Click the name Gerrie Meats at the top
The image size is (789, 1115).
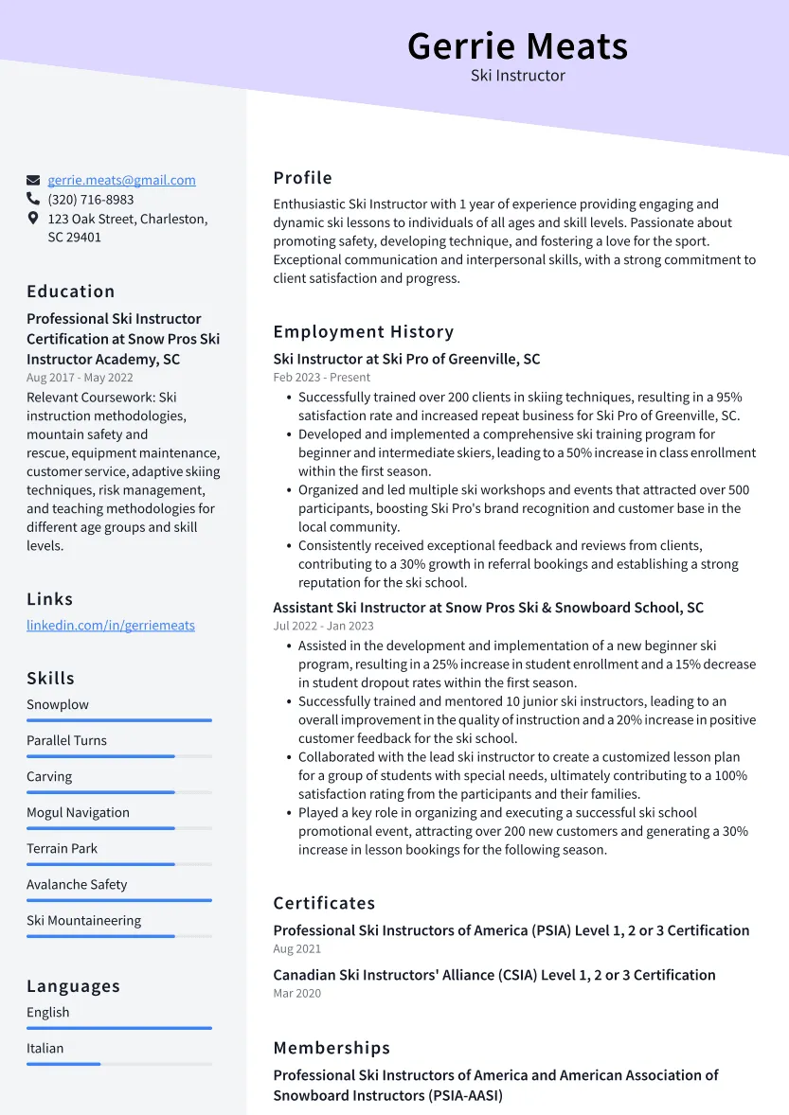pos(517,45)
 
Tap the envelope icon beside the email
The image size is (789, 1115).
pos(33,180)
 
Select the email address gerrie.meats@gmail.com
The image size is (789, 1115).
pos(121,180)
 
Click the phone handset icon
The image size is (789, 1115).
pos(33,200)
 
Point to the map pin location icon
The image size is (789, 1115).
pos(33,219)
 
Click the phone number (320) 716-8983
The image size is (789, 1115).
pos(91,200)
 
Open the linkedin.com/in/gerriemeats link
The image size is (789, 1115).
pos(111,626)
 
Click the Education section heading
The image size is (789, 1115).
pos(71,292)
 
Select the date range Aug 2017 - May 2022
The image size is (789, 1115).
pos(80,378)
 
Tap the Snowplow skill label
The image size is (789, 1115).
pos(58,704)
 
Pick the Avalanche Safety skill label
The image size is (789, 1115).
pos(77,884)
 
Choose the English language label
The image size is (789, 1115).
pos(48,1012)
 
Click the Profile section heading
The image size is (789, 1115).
pos(303,178)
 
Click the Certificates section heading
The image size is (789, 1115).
pos(324,903)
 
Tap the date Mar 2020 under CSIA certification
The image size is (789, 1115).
pos(297,993)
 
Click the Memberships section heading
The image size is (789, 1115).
pos(332,1048)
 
